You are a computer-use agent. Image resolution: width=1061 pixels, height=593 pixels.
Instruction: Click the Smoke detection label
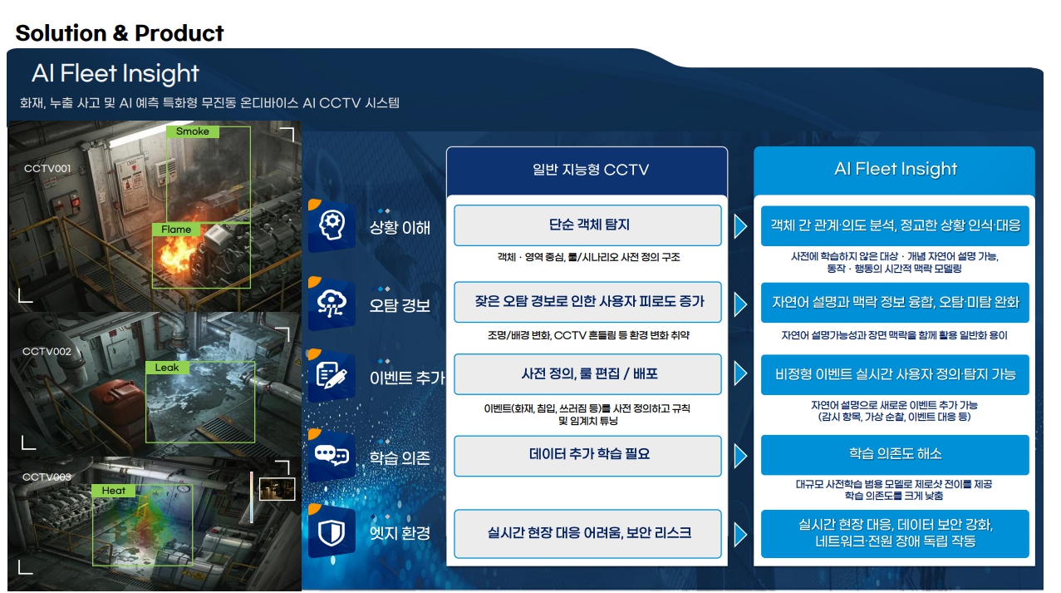pyautogui.click(x=193, y=131)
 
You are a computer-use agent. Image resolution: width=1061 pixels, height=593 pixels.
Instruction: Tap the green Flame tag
pyautogui.click(x=176, y=230)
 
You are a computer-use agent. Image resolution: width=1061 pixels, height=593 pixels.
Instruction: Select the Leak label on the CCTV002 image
pyautogui.click(x=167, y=368)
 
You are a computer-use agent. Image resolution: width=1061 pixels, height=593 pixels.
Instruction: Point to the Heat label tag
pyautogui.click(x=114, y=491)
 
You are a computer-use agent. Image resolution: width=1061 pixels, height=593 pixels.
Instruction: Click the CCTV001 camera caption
pyautogui.click(x=47, y=169)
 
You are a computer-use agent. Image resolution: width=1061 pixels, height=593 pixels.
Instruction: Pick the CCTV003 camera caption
pyautogui.click(x=47, y=477)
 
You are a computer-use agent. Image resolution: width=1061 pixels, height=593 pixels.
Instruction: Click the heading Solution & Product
pyautogui.click(x=120, y=33)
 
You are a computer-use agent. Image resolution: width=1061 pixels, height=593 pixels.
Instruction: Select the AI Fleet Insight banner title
pyautogui.click(x=115, y=74)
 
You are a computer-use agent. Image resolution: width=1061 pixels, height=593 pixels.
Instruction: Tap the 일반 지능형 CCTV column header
pyautogui.click(x=587, y=170)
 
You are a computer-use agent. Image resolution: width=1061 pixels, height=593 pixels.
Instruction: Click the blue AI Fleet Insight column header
pyautogui.click(x=895, y=170)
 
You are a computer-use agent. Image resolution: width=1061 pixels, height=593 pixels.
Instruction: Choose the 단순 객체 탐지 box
pyautogui.click(x=587, y=225)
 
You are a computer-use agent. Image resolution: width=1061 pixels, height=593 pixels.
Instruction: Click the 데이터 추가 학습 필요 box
pyautogui.click(x=587, y=454)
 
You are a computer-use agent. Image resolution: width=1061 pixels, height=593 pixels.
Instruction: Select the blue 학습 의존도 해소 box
pyautogui.click(x=894, y=454)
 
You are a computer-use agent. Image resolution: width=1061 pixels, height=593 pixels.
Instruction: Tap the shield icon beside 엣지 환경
pyautogui.click(x=332, y=532)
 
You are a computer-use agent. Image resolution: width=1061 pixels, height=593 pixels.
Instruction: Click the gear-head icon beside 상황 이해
pyautogui.click(x=332, y=224)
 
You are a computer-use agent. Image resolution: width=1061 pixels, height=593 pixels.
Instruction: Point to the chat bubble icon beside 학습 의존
pyautogui.click(x=332, y=456)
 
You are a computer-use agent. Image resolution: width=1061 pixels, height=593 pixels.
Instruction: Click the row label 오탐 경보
pyautogui.click(x=400, y=305)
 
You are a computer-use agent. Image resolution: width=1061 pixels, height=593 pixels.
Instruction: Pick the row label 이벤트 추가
pyautogui.click(x=406, y=378)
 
